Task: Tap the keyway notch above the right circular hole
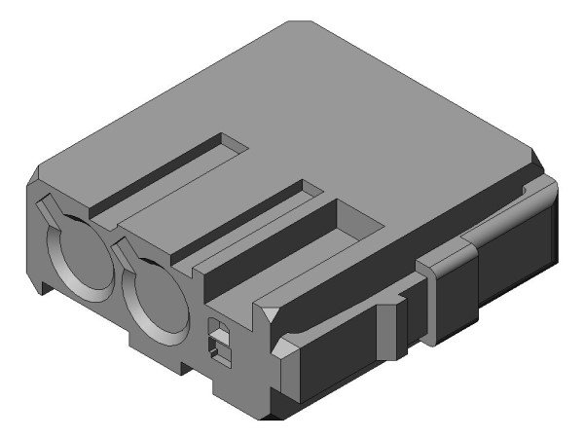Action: pos(125,254)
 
